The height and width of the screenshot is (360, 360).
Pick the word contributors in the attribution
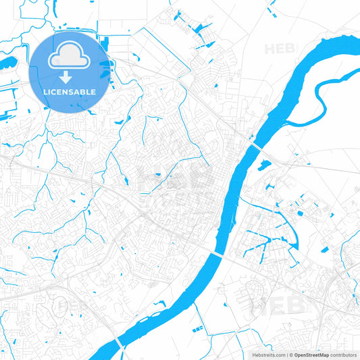343,355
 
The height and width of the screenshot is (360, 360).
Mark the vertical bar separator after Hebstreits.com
286,355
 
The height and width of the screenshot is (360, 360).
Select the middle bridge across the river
216,254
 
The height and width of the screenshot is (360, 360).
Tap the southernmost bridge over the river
119,344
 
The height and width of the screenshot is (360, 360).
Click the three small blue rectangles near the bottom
198,329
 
